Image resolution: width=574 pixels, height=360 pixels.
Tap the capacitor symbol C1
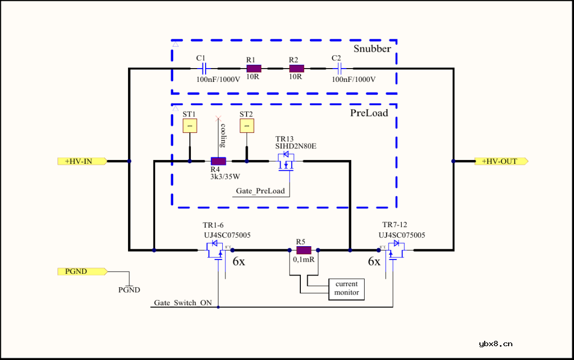pyautogui.click(x=204, y=68)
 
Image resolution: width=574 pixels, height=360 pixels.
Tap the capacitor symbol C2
pyautogui.click(x=339, y=68)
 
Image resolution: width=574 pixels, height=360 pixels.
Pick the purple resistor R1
pyautogui.click(x=254, y=68)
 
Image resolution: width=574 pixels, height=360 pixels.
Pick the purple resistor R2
pyautogui.click(x=296, y=68)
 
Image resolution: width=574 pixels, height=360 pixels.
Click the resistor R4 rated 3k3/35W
pyautogui.click(x=218, y=161)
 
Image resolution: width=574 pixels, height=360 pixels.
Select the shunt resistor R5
pyautogui.click(x=303, y=250)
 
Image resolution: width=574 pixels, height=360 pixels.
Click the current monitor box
pyautogui.click(x=347, y=288)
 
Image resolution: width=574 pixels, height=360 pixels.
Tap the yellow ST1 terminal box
pyautogui.click(x=190, y=125)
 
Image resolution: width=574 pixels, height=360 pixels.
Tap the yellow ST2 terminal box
pyautogui.click(x=247, y=125)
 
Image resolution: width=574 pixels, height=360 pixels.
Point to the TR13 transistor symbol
pyautogui.click(x=287, y=161)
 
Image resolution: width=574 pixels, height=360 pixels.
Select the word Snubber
pyautogui.click(x=372, y=49)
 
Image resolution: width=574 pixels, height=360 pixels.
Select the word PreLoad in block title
pyautogui.click(x=369, y=113)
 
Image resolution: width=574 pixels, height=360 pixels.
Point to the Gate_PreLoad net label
pyautogui.click(x=260, y=191)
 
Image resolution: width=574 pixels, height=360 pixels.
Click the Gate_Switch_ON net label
pyautogui.click(x=183, y=303)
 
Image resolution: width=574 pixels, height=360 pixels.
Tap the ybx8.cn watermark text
pyautogui.click(x=495, y=344)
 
